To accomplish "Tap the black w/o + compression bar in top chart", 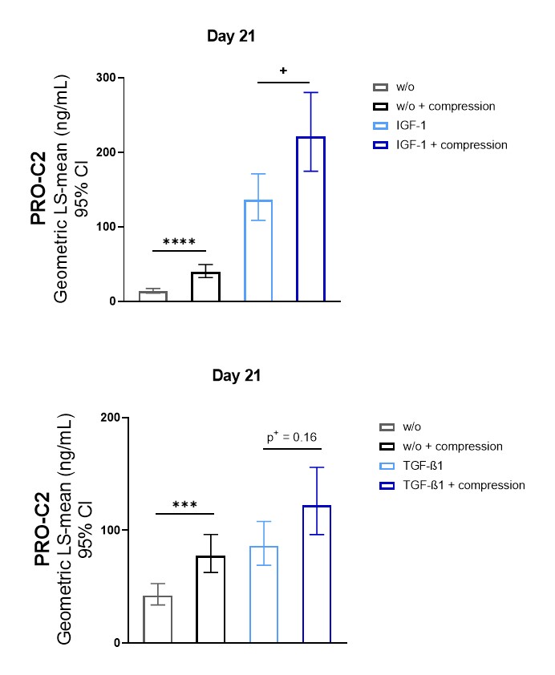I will [x=205, y=287].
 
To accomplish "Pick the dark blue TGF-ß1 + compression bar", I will [x=318, y=574].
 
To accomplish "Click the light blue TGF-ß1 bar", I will [x=264, y=594].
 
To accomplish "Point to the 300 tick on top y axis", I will [x=103, y=78].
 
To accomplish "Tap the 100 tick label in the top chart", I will [x=103, y=227].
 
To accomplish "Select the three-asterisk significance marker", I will [x=184, y=505].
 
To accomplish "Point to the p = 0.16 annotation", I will [x=292, y=438].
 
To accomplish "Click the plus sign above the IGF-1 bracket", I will [x=283, y=71].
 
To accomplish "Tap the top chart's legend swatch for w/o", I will [x=381, y=87].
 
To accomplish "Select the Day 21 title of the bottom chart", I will [x=237, y=375].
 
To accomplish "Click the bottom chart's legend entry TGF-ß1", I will [x=427, y=466].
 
